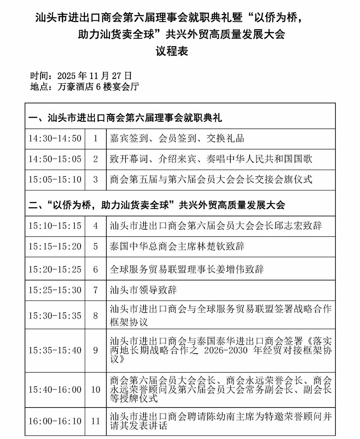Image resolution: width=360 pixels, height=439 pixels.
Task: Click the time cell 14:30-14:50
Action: (x=55, y=138)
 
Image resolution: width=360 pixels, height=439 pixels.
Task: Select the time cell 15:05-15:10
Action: (x=55, y=179)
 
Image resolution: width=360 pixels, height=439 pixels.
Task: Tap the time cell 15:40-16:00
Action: (x=55, y=390)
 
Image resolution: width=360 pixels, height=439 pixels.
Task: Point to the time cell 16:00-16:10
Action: (x=55, y=421)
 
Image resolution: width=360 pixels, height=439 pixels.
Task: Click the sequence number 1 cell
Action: (x=96, y=138)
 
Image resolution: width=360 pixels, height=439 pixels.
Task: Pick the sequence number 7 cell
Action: (x=96, y=290)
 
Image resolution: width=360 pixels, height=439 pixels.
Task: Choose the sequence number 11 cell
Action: (x=96, y=421)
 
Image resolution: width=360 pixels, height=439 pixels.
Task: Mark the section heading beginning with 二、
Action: (x=157, y=205)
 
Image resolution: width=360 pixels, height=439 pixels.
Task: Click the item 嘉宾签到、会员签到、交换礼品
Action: (x=177, y=138)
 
